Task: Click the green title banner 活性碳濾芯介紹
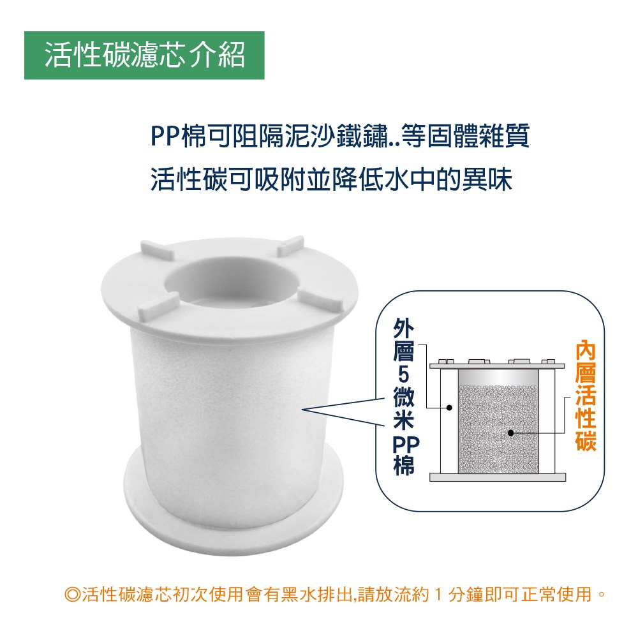click(x=144, y=56)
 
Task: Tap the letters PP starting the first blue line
click(x=165, y=136)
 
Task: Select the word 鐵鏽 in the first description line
click(x=361, y=136)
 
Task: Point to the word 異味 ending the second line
click(x=487, y=179)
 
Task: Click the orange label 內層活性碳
click(x=586, y=396)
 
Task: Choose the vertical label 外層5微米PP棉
click(x=404, y=396)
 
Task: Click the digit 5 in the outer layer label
click(x=404, y=375)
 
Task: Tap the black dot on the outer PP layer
click(x=449, y=407)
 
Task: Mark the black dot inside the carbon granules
click(x=511, y=433)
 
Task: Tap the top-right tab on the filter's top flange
click(x=290, y=246)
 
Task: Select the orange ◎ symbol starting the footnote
click(x=73, y=595)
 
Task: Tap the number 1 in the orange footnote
click(x=438, y=595)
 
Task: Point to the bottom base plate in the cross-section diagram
click(x=498, y=477)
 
